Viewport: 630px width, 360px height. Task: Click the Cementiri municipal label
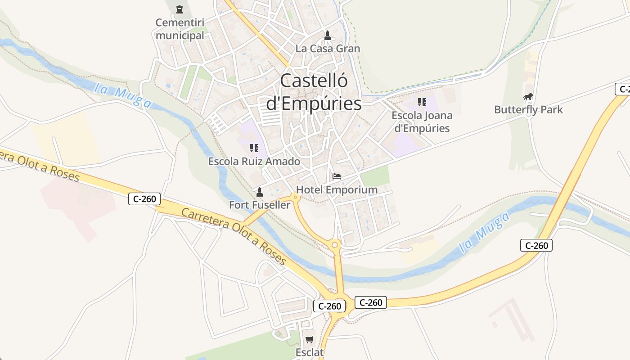[180, 29]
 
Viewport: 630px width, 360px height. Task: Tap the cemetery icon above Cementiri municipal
[180, 9]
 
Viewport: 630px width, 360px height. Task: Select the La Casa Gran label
[328, 49]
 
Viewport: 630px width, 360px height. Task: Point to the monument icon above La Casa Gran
[328, 35]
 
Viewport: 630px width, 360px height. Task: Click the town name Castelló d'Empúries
[314, 92]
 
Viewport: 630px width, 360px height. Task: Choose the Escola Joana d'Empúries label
[422, 121]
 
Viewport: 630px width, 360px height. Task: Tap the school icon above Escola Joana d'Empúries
[422, 102]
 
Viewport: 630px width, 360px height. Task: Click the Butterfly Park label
[528, 110]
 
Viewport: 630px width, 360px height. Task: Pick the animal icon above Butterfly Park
[528, 97]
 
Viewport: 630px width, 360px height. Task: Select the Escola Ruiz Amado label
[254, 161]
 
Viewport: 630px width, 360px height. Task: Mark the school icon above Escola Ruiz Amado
[254, 148]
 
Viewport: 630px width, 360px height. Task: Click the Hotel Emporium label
[337, 189]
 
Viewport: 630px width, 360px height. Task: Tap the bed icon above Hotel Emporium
[337, 176]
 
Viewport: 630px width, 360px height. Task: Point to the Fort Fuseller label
[260, 205]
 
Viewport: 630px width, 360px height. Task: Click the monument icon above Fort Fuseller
[259, 193]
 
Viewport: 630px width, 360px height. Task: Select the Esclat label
[310, 352]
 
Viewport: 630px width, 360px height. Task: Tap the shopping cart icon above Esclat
[309, 340]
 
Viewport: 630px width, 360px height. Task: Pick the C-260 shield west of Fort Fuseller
[144, 198]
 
